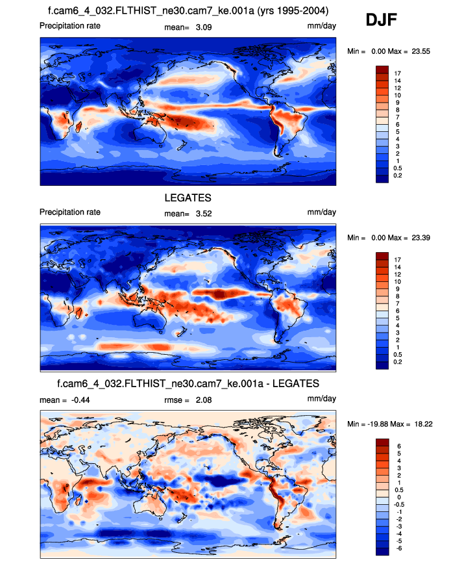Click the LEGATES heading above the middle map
(x=188, y=197)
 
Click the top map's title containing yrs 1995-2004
(x=188, y=10)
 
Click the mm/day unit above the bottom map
(x=322, y=399)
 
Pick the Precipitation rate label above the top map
(x=70, y=25)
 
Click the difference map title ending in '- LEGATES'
(x=188, y=383)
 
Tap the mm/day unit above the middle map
(x=322, y=212)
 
